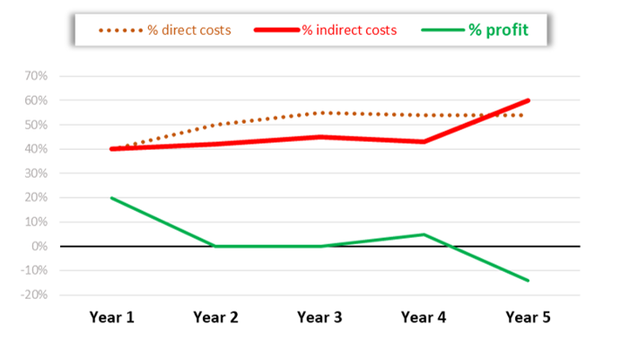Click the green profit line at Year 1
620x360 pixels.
111,198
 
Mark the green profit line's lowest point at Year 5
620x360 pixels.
528,280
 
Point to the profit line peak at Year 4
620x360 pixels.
424,234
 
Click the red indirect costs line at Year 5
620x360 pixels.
528,101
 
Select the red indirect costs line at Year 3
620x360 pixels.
319,137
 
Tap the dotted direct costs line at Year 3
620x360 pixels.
319,113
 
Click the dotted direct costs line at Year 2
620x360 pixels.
215,125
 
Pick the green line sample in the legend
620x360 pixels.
441,31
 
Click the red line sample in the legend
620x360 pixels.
276,31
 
